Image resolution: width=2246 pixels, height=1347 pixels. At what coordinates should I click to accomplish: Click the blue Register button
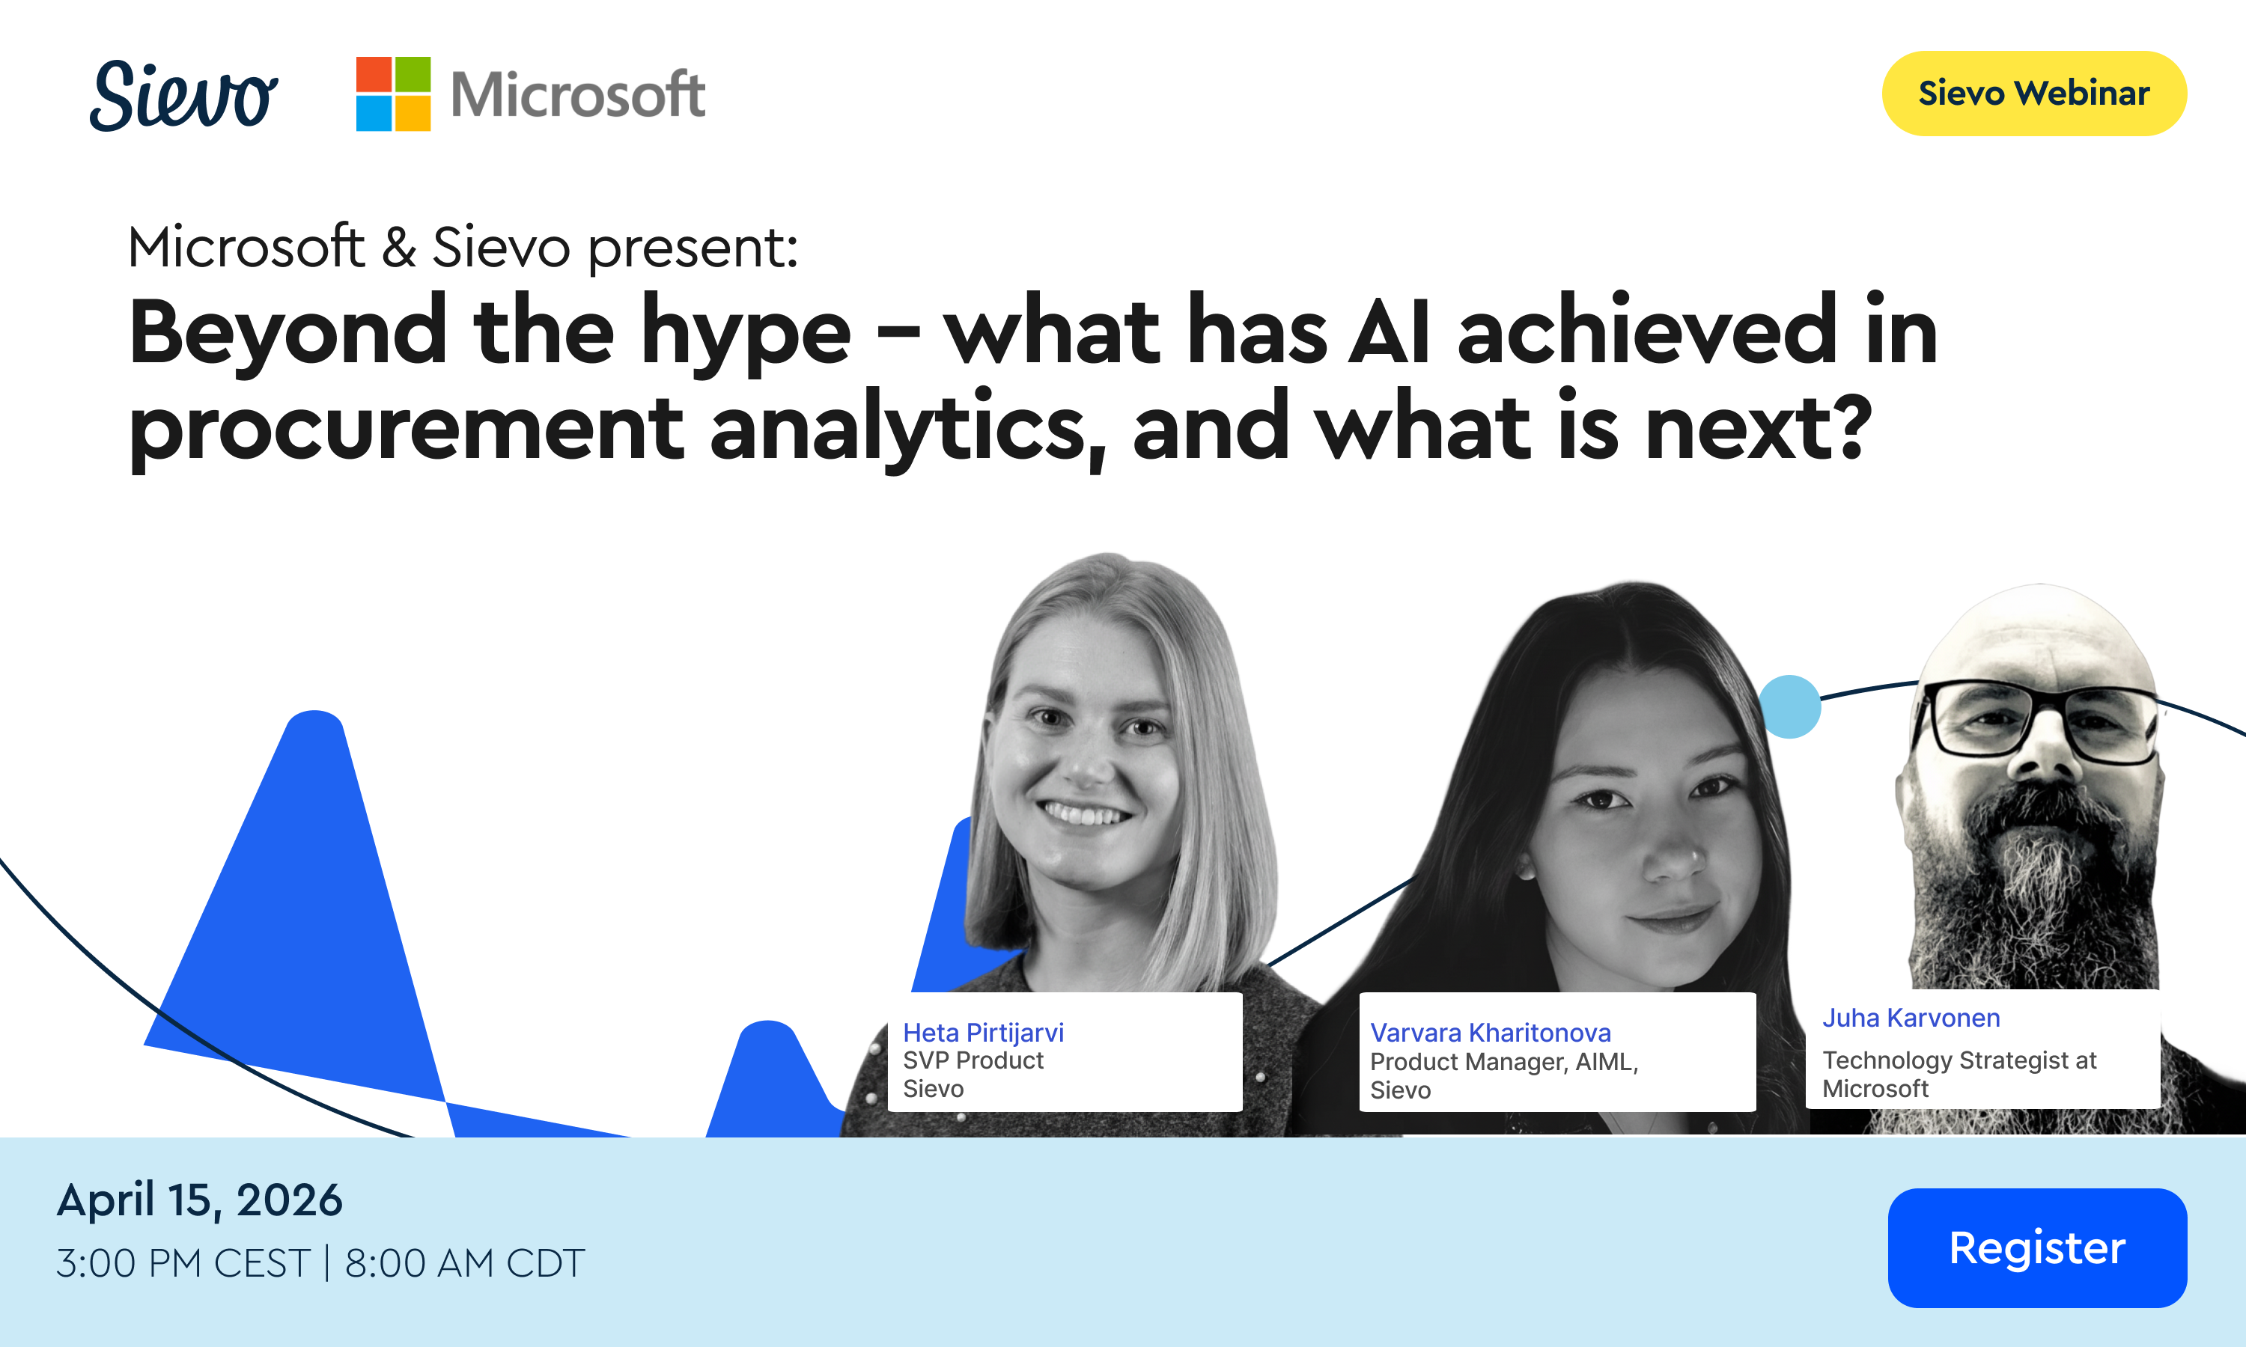(2037, 1247)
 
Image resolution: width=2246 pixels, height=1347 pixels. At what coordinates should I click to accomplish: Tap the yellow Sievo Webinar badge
(2034, 94)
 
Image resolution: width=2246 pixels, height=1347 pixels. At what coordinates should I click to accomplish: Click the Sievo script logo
(183, 95)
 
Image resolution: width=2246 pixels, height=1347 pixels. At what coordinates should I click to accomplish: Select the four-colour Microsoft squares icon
(393, 94)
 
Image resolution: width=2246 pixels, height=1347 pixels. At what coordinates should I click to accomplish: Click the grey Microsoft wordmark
(578, 94)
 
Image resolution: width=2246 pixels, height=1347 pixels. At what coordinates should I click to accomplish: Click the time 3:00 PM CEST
(183, 1262)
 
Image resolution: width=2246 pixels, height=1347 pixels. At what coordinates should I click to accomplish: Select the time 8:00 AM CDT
(465, 1262)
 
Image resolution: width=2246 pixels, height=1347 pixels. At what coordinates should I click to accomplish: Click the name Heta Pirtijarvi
(983, 1033)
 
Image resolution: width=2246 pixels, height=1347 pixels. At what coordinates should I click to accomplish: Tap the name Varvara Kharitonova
(1491, 1033)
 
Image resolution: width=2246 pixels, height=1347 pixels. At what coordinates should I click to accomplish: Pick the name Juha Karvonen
(1911, 1018)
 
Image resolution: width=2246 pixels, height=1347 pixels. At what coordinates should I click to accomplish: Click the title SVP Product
(973, 1060)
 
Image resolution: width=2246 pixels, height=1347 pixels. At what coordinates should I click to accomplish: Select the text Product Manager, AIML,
(1504, 1062)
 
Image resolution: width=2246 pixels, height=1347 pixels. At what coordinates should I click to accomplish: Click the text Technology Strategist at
(1959, 1060)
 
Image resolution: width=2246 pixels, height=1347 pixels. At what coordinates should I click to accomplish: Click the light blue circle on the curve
(1789, 706)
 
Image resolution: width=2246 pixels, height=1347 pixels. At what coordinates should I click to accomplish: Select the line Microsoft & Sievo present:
(463, 247)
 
